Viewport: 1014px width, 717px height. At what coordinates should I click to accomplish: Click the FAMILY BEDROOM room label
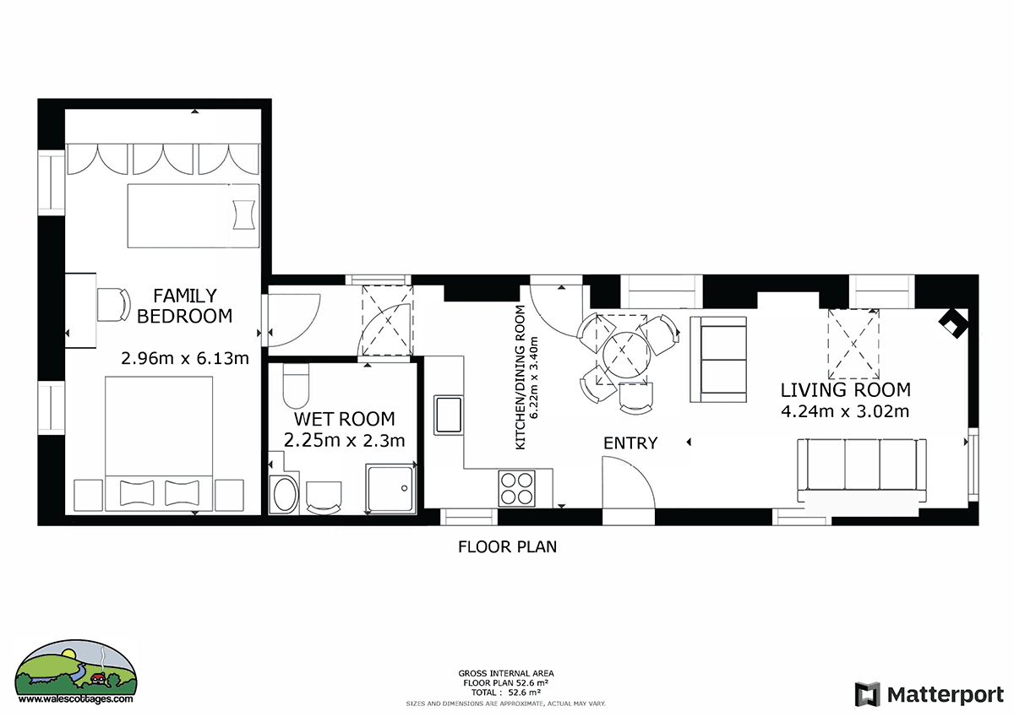(x=185, y=306)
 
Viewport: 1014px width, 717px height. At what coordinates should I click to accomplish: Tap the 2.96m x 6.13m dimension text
(x=185, y=358)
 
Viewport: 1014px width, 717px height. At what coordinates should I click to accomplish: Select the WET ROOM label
(x=344, y=419)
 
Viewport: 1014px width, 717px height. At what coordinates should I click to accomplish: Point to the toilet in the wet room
(x=296, y=386)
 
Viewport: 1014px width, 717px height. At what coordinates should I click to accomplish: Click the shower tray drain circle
(x=404, y=488)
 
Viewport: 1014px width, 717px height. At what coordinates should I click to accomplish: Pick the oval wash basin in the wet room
(x=284, y=494)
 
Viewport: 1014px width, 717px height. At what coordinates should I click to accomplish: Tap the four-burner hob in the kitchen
(x=516, y=488)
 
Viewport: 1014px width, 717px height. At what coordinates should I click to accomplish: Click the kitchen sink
(x=448, y=415)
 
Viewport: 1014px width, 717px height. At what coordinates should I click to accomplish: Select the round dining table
(x=626, y=355)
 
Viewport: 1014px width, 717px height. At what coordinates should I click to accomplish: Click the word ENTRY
(x=630, y=443)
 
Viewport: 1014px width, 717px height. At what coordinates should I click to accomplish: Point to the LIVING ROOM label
(x=845, y=390)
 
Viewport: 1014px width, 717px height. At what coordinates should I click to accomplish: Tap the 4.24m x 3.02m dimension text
(x=845, y=411)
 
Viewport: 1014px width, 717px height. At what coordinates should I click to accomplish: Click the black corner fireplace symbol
(x=953, y=323)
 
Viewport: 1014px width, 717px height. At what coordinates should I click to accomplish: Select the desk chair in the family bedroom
(x=113, y=305)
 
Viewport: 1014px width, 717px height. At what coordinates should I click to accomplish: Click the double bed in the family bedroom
(x=159, y=443)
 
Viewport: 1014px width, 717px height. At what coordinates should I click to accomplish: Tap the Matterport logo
(x=929, y=694)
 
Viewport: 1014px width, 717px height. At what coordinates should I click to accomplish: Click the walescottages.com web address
(x=75, y=699)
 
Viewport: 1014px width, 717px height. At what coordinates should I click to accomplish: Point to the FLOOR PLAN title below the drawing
(x=507, y=547)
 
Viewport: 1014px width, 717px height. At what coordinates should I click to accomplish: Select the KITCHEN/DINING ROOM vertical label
(x=521, y=378)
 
